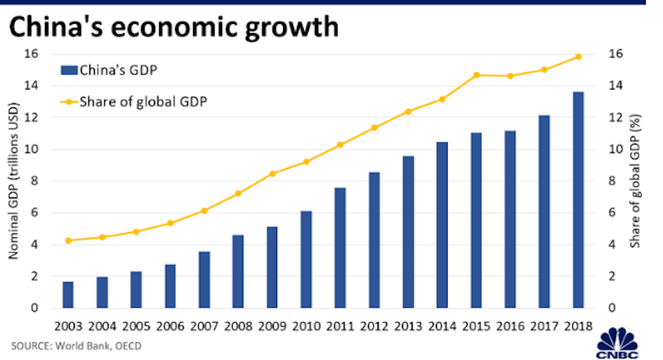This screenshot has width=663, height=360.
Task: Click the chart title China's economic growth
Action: (x=172, y=28)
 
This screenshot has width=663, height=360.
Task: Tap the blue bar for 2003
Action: (x=68, y=295)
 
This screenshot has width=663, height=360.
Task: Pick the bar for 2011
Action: (x=340, y=248)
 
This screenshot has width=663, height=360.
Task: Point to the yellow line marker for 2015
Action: (x=476, y=75)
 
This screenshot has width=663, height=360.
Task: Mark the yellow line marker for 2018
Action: (x=578, y=56)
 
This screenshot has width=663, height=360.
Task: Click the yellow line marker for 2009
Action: (x=272, y=174)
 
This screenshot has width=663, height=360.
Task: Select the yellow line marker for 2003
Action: (x=68, y=240)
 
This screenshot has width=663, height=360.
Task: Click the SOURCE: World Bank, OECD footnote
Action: (x=76, y=345)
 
